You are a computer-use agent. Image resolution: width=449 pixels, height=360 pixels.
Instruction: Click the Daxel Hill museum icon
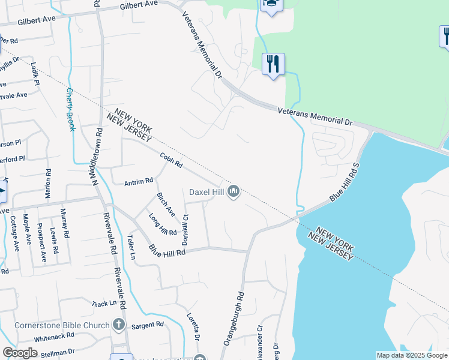click(233, 191)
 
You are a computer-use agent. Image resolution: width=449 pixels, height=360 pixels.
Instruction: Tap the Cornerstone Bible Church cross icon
click(119, 325)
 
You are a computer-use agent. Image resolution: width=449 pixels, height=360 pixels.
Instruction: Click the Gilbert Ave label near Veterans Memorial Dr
click(138, 4)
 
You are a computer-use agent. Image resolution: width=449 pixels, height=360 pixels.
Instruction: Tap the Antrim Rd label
click(139, 181)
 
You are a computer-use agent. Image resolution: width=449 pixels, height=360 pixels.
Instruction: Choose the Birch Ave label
click(166, 205)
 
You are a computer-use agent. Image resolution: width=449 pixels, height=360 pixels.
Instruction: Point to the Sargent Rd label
click(148, 325)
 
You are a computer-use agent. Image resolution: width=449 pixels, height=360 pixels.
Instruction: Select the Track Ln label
click(104, 304)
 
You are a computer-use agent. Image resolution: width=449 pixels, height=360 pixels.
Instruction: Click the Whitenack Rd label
click(53, 338)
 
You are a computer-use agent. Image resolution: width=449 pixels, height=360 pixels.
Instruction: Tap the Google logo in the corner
click(20, 353)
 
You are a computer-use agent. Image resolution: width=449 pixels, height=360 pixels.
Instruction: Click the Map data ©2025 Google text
click(411, 355)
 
